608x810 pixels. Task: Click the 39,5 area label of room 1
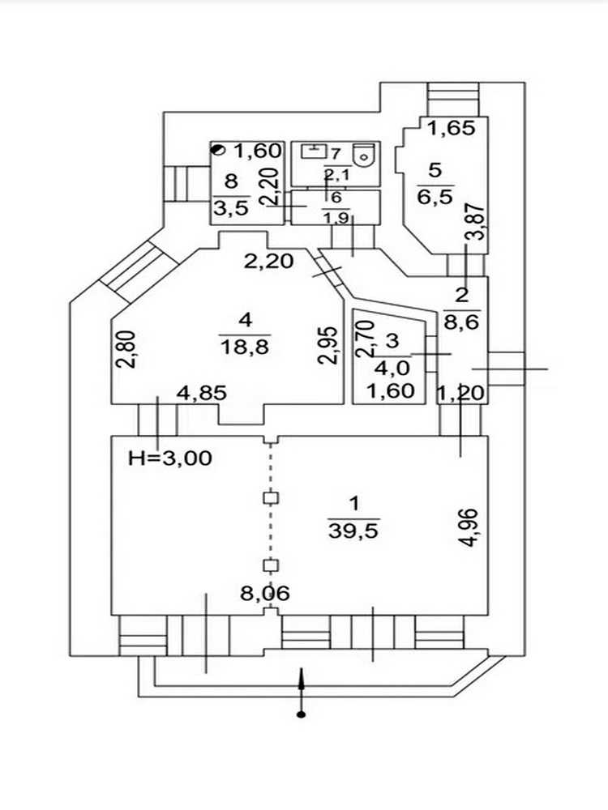pyautogui.click(x=354, y=531)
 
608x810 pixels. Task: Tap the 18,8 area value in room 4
pyautogui.click(x=245, y=346)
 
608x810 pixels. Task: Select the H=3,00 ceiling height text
pyautogui.click(x=170, y=458)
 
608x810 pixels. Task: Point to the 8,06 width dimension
pyautogui.click(x=265, y=594)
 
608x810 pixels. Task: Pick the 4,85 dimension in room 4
pyautogui.click(x=202, y=393)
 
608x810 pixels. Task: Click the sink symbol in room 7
pyautogui.click(x=315, y=151)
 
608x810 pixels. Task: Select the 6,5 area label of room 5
pyautogui.click(x=435, y=196)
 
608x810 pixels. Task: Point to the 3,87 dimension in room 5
pyautogui.click(x=476, y=222)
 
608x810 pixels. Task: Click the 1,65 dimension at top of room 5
pyautogui.click(x=452, y=128)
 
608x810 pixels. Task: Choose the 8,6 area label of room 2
pyautogui.click(x=461, y=322)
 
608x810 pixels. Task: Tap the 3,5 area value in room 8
pyautogui.click(x=232, y=207)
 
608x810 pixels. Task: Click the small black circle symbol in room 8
pyautogui.click(x=219, y=151)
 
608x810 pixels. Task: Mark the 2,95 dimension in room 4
pyautogui.click(x=329, y=345)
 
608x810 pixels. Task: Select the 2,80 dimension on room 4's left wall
pyautogui.click(x=126, y=349)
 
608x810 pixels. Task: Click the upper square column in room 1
pyautogui.click(x=272, y=498)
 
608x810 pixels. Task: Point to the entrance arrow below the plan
pyautogui.click(x=302, y=693)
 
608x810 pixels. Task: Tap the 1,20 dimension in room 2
pyautogui.click(x=460, y=394)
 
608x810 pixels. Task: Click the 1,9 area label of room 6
pyautogui.click(x=336, y=219)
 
